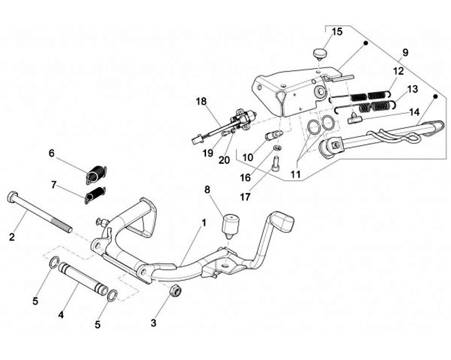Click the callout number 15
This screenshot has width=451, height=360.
[x=337, y=32]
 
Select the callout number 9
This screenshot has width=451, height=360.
[x=405, y=53]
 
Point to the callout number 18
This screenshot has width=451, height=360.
[x=201, y=101]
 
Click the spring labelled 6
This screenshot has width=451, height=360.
[x=96, y=173]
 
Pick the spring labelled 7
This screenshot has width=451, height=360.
[x=95, y=194]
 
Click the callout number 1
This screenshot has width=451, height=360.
[x=204, y=222]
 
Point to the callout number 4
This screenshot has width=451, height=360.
[x=61, y=315]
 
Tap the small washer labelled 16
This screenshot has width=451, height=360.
[x=277, y=148]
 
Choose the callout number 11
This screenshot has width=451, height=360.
[x=296, y=174]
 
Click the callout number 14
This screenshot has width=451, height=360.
[x=414, y=112]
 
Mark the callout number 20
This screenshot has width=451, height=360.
[x=224, y=160]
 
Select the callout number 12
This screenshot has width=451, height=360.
[x=398, y=71]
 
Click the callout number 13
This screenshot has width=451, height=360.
[x=412, y=89]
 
